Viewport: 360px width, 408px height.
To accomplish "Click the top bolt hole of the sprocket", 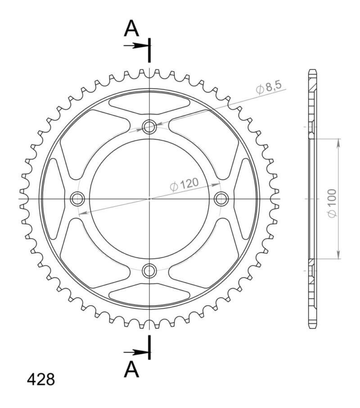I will click(x=149, y=127).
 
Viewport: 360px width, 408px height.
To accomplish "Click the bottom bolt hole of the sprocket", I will click(x=149, y=271).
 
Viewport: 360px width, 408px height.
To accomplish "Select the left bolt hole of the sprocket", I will click(x=77, y=198).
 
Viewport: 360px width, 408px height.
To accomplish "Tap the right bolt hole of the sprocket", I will click(x=221, y=198).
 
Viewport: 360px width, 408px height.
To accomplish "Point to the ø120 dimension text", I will click(x=184, y=185).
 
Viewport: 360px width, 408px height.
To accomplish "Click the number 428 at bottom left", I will click(x=41, y=379).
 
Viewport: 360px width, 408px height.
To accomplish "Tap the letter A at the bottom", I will click(x=131, y=370).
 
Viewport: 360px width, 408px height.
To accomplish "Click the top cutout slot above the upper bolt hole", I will click(x=149, y=104).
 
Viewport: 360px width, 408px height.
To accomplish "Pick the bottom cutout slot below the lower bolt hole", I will click(x=149, y=294).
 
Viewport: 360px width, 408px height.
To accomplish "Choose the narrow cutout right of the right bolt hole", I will click(x=244, y=198).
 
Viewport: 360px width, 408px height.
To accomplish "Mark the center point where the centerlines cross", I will click(x=149, y=198).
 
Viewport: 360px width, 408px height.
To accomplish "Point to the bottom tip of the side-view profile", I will click(x=312, y=327).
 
